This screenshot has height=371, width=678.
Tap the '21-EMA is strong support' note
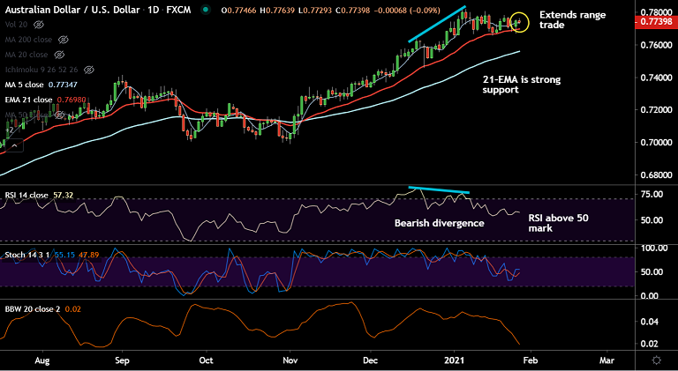tap(521, 85)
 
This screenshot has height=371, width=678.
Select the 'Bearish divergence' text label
tap(439, 223)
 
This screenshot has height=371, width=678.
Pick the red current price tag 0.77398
tap(652, 20)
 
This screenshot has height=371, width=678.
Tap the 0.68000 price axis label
tap(652, 173)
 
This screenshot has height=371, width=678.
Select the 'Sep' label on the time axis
tap(123, 360)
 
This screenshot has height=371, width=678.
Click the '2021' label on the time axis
tap(454, 360)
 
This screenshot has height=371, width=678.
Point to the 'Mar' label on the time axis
tap(607, 360)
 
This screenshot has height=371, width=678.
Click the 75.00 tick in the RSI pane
tap(652, 195)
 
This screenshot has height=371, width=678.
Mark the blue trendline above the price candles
tap(437, 24)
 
